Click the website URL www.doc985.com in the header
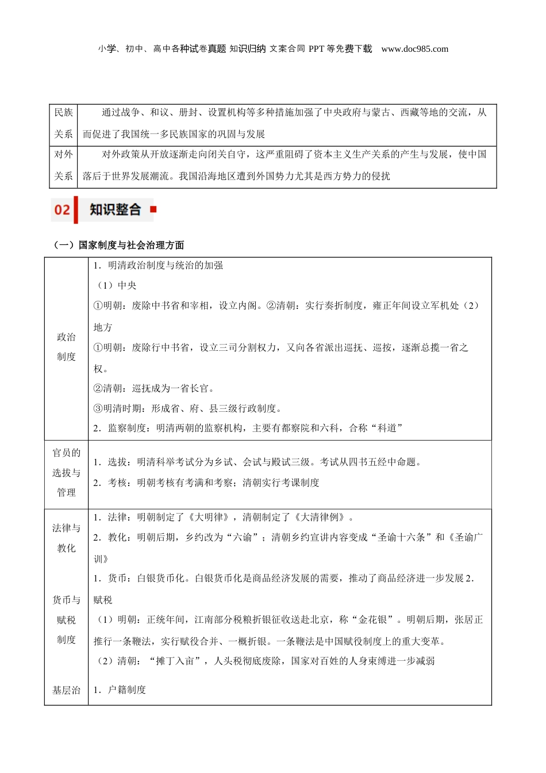(x=414, y=49)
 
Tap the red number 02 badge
(x=62, y=210)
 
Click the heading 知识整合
(x=115, y=210)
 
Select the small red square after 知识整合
(x=153, y=209)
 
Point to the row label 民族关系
(x=64, y=123)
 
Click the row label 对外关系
(x=64, y=165)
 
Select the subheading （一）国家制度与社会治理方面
(x=119, y=245)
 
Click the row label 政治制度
(x=66, y=347)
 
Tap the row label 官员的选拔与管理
(x=66, y=473)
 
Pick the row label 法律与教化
(x=66, y=538)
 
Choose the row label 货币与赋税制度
(x=66, y=620)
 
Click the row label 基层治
(x=66, y=690)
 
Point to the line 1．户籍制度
(x=120, y=690)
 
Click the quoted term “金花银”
(x=372, y=620)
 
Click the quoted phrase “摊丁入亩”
(x=178, y=661)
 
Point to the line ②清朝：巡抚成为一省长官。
(x=154, y=388)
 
